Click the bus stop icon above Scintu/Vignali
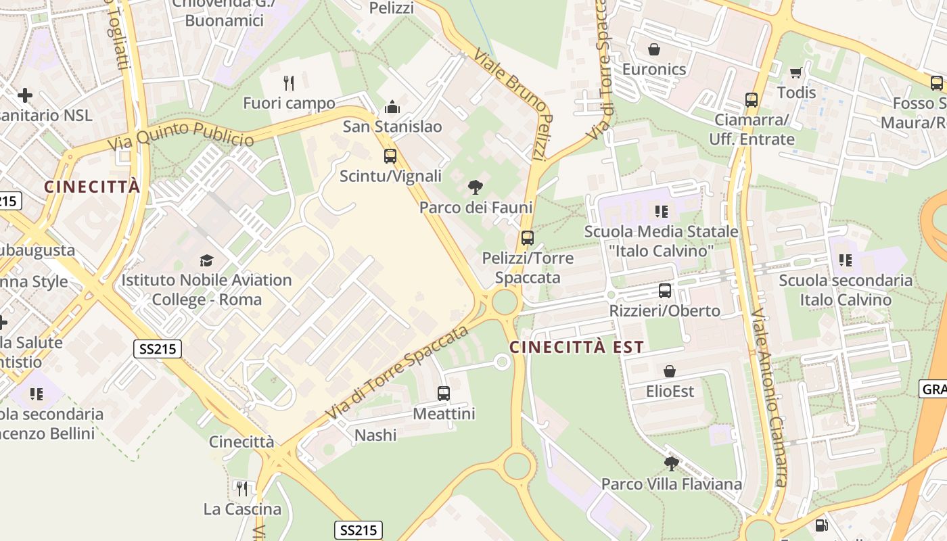390,156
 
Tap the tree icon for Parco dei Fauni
476,187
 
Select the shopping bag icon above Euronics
654,49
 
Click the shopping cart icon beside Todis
796,72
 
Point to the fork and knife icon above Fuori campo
289,83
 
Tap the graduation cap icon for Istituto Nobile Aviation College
206,260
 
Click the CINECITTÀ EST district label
576,348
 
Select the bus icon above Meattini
444,394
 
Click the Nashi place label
375,435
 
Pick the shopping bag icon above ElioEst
670,371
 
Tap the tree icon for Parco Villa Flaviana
672,464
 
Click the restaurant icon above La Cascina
241,488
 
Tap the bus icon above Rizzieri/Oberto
665,291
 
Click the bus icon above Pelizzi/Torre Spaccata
528,238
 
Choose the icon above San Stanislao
392,107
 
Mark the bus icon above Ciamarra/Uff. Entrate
752,100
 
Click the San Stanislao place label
392,126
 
